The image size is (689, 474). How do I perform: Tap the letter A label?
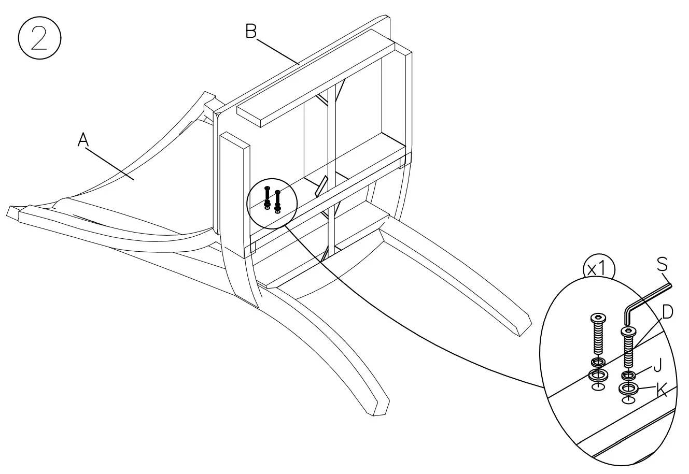click(82, 140)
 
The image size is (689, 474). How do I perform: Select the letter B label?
click(251, 31)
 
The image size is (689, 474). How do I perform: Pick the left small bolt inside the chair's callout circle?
click(268, 196)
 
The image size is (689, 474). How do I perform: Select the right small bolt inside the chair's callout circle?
click(278, 199)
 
